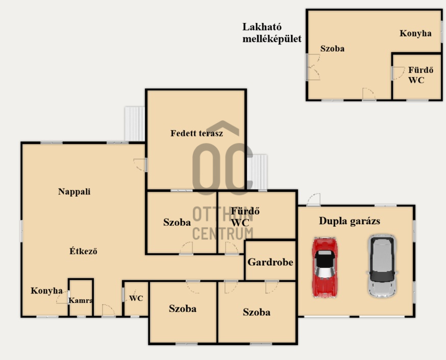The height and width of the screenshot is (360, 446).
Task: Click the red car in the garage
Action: point(325,267)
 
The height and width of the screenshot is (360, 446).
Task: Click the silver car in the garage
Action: point(382,266)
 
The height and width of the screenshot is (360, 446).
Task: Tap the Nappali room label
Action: point(74,191)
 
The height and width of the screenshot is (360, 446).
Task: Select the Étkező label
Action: point(83,251)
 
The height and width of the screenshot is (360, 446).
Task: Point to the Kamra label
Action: point(81,300)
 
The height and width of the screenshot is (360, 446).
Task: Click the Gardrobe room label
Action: point(270,262)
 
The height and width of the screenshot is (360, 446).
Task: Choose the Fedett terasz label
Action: point(196,133)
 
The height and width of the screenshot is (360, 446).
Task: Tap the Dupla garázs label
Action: point(349,221)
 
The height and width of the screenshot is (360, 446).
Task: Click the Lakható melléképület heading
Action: point(271,33)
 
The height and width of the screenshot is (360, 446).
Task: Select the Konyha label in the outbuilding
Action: point(415,33)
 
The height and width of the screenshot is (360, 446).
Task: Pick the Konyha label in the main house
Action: point(46,291)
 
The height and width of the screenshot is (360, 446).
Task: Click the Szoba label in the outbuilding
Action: point(332,49)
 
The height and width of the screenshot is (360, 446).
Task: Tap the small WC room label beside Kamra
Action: point(136,298)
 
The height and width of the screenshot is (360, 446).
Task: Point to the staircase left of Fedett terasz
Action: point(135,124)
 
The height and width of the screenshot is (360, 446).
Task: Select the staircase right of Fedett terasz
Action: point(257,172)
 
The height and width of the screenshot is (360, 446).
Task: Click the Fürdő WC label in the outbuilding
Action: point(420,75)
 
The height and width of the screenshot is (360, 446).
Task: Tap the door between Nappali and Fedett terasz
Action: point(140,165)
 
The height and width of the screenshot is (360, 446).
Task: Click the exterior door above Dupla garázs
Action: point(314,200)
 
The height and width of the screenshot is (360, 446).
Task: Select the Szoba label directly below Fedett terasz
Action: point(177,222)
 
